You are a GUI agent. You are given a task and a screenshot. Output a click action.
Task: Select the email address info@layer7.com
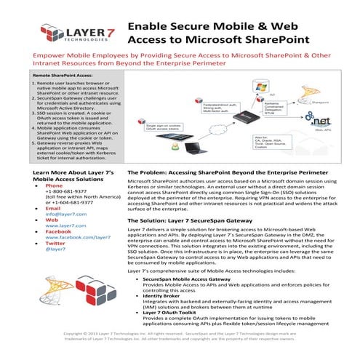[x=61, y=215]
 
